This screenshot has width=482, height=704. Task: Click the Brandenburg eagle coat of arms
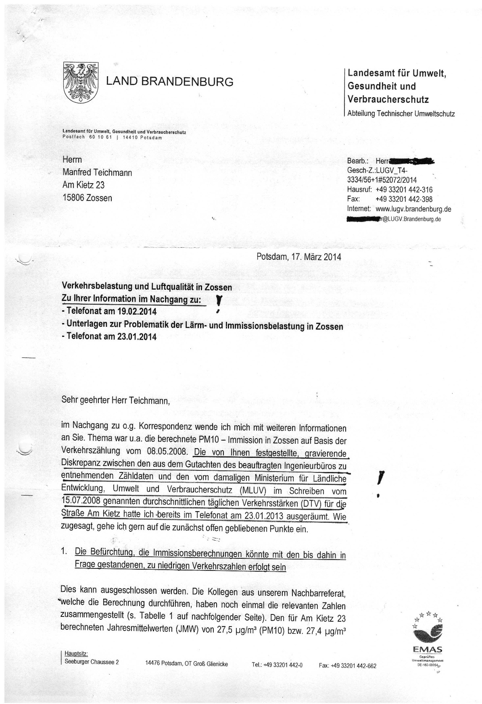point(81,81)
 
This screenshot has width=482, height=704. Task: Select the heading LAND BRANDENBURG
point(169,82)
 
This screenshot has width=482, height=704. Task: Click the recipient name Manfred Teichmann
point(97,172)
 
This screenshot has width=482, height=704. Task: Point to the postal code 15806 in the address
point(73,198)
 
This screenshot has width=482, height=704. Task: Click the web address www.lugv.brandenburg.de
point(413,209)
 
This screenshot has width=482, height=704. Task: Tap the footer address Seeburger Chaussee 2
point(92,662)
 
